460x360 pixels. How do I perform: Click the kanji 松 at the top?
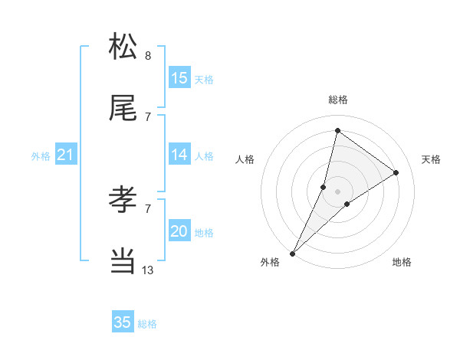pyautogui.click(x=123, y=47)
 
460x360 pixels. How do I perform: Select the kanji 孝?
pyautogui.click(x=123, y=199)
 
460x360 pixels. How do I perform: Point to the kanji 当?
pyautogui.click(x=123, y=260)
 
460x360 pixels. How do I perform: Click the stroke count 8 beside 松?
pyautogui.click(x=148, y=55)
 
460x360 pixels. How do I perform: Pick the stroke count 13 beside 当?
pyautogui.click(x=148, y=270)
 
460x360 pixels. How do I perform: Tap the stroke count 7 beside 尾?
pyautogui.click(x=148, y=116)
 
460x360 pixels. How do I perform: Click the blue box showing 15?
pyautogui.click(x=179, y=78)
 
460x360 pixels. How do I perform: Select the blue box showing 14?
pyautogui.click(x=179, y=155)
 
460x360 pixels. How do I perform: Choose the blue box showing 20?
pyautogui.click(x=179, y=231)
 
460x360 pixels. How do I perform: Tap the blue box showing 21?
pyautogui.click(x=65, y=155)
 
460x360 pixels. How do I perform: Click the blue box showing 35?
pyautogui.click(x=123, y=322)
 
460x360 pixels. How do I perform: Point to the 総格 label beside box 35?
pyautogui.click(x=147, y=324)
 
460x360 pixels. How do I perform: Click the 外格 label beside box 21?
pyautogui.click(x=41, y=156)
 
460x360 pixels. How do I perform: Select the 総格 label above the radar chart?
pyautogui.click(x=338, y=100)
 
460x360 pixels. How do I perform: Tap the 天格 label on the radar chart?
pyautogui.click(x=432, y=159)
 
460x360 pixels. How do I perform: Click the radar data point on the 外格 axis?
pyautogui.click(x=292, y=253)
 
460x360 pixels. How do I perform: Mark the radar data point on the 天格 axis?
pyautogui.click(x=396, y=172)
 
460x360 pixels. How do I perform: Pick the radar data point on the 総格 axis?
pyautogui.click(x=338, y=130)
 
